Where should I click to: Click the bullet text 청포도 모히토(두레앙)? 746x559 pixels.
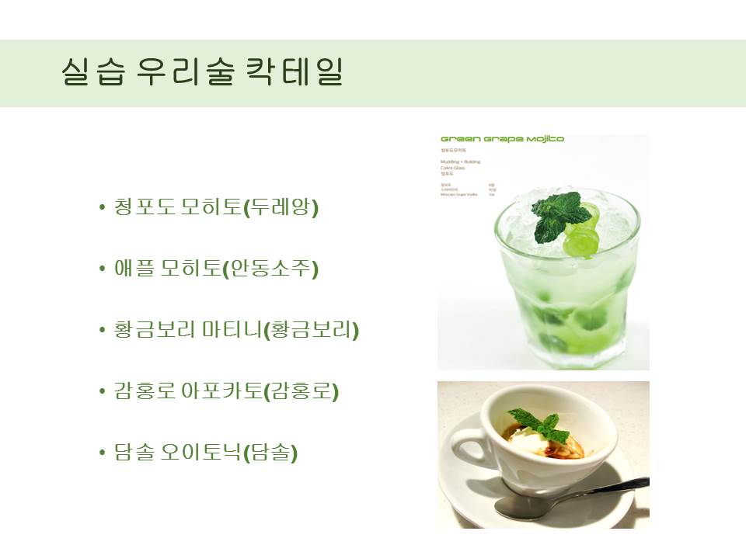pyautogui.click(x=216, y=207)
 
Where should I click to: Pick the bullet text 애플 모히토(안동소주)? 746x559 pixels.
pyautogui.click(x=216, y=269)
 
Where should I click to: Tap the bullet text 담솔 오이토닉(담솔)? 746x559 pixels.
pyautogui.click(x=206, y=453)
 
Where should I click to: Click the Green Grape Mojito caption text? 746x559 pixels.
pyautogui.click(x=502, y=140)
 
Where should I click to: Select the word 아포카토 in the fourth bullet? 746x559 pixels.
pyautogui.click(x=231, y=391)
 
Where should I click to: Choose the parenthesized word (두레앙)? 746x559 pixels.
pyautogui.click(x=281, y=207)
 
